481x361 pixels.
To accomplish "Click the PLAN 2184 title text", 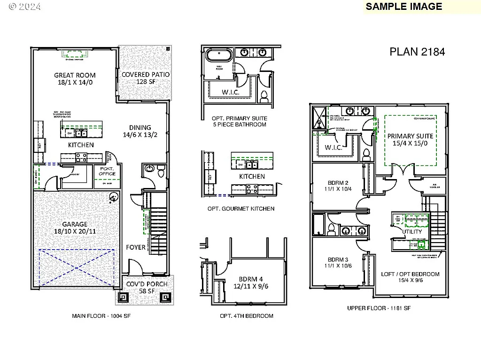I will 417,52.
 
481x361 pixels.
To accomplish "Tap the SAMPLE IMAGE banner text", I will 403,7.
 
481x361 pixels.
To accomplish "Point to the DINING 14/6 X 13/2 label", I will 140,131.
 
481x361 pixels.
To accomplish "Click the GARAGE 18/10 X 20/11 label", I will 75,228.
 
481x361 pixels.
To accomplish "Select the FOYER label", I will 136,247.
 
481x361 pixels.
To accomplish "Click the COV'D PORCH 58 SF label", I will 145,287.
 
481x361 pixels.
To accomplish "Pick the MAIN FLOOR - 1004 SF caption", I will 101,316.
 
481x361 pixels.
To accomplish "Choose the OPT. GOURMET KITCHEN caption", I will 240,208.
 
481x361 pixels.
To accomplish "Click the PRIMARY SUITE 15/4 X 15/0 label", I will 410,140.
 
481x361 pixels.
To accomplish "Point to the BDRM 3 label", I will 338,262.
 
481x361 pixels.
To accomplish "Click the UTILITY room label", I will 412,231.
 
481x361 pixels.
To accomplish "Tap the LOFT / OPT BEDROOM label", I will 410,277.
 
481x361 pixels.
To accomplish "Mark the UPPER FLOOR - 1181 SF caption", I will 379,308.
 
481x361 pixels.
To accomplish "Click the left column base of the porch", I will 124,297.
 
